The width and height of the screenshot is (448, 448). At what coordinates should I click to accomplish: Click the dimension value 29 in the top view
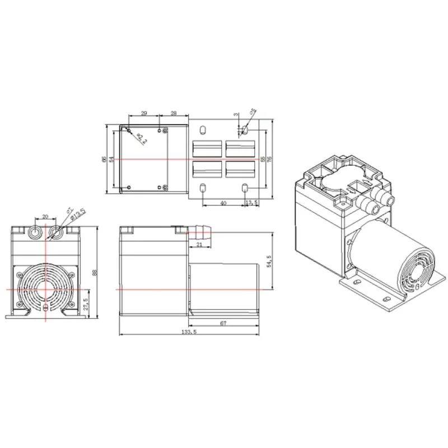pyautogui.click(x=144, y=114)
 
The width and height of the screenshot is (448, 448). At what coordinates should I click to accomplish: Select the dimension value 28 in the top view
pyautogui.click(x=174, y=114)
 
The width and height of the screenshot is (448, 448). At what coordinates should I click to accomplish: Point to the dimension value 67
pyautogui.click(x=223, y=323)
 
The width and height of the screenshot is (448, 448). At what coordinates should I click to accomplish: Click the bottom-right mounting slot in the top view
pyautogui.click(x=245, y=187)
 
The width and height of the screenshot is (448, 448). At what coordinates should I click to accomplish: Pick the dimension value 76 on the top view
pyautogui.click(x=270, y=159)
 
